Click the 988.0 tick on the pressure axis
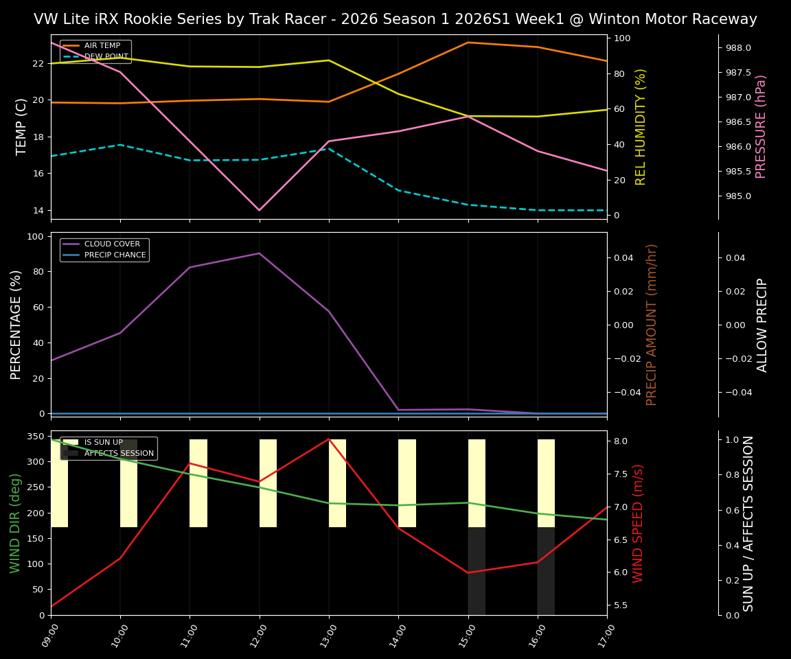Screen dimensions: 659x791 pyautogui.click(x=738, y=48)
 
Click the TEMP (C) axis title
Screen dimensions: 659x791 pyautogui.click(x=21, y=126)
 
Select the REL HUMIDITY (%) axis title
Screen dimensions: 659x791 pyautogui.click(x=641, y=126)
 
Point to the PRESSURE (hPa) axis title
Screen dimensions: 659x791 pyautogui.click(x=761, y=126)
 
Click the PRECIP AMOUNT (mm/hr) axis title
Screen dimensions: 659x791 pyautogui.click(x=652, y=324)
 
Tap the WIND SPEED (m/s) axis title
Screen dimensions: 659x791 pyautogui.click(x=638, y=522)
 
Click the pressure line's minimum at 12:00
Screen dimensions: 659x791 pyautogui.click(x=259, y=210)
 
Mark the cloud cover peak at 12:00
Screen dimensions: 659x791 pyautogui.click(x=259, y=253)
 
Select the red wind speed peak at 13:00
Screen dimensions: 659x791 pyautogui.click(x=329, y=439)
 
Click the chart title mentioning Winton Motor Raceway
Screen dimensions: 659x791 pyautogui.click(x=395, y=19)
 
